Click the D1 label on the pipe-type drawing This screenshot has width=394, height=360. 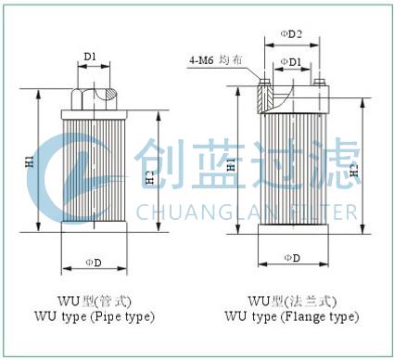[90, 58]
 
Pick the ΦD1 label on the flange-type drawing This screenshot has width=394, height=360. [291, 63]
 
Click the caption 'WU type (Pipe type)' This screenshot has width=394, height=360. [92, 317]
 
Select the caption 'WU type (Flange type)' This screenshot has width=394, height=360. [291, 316]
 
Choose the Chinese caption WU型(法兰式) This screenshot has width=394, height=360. [290, 302]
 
